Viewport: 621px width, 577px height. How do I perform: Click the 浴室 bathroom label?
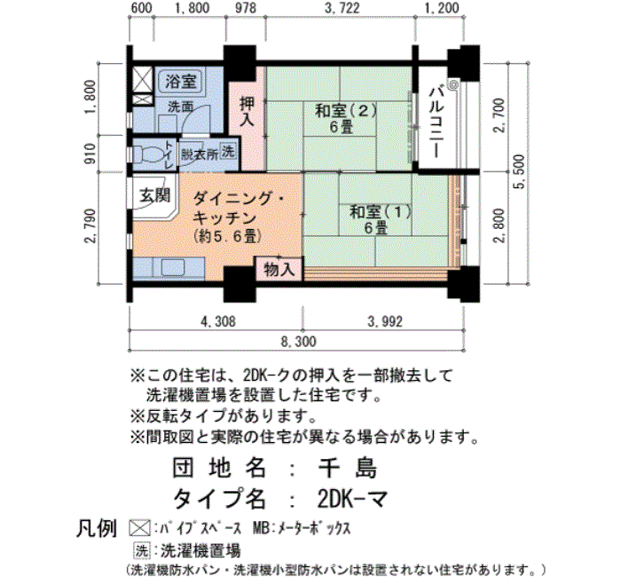[181, 82]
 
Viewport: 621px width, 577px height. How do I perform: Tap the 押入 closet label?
[248, 111]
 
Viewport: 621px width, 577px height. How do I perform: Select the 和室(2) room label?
[345, 111]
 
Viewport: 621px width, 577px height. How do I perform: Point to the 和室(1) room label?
[381, 212]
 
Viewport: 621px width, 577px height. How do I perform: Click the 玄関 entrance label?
[154, 195]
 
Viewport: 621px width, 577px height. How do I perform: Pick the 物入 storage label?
[279, 270]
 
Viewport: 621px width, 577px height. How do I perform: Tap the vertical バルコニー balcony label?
[436, 123]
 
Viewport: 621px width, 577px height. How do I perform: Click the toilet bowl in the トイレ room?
[145, 154]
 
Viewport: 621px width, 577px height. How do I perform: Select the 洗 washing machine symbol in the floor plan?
[228, 151]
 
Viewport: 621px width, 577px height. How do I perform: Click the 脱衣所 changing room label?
[200, 154]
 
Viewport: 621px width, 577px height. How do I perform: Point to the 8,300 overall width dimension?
[299, 342]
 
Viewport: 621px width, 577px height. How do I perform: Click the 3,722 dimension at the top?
[342, 8]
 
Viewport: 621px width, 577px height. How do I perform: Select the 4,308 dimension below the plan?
[218, 321]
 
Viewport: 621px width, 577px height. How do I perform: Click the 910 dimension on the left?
[90, 154]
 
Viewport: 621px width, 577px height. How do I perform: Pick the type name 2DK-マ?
[352, 499]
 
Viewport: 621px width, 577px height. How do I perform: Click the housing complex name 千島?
[348, 468]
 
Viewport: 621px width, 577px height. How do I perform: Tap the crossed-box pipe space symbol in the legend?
[140, 528]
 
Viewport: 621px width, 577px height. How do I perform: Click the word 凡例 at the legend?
[96, 528]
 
